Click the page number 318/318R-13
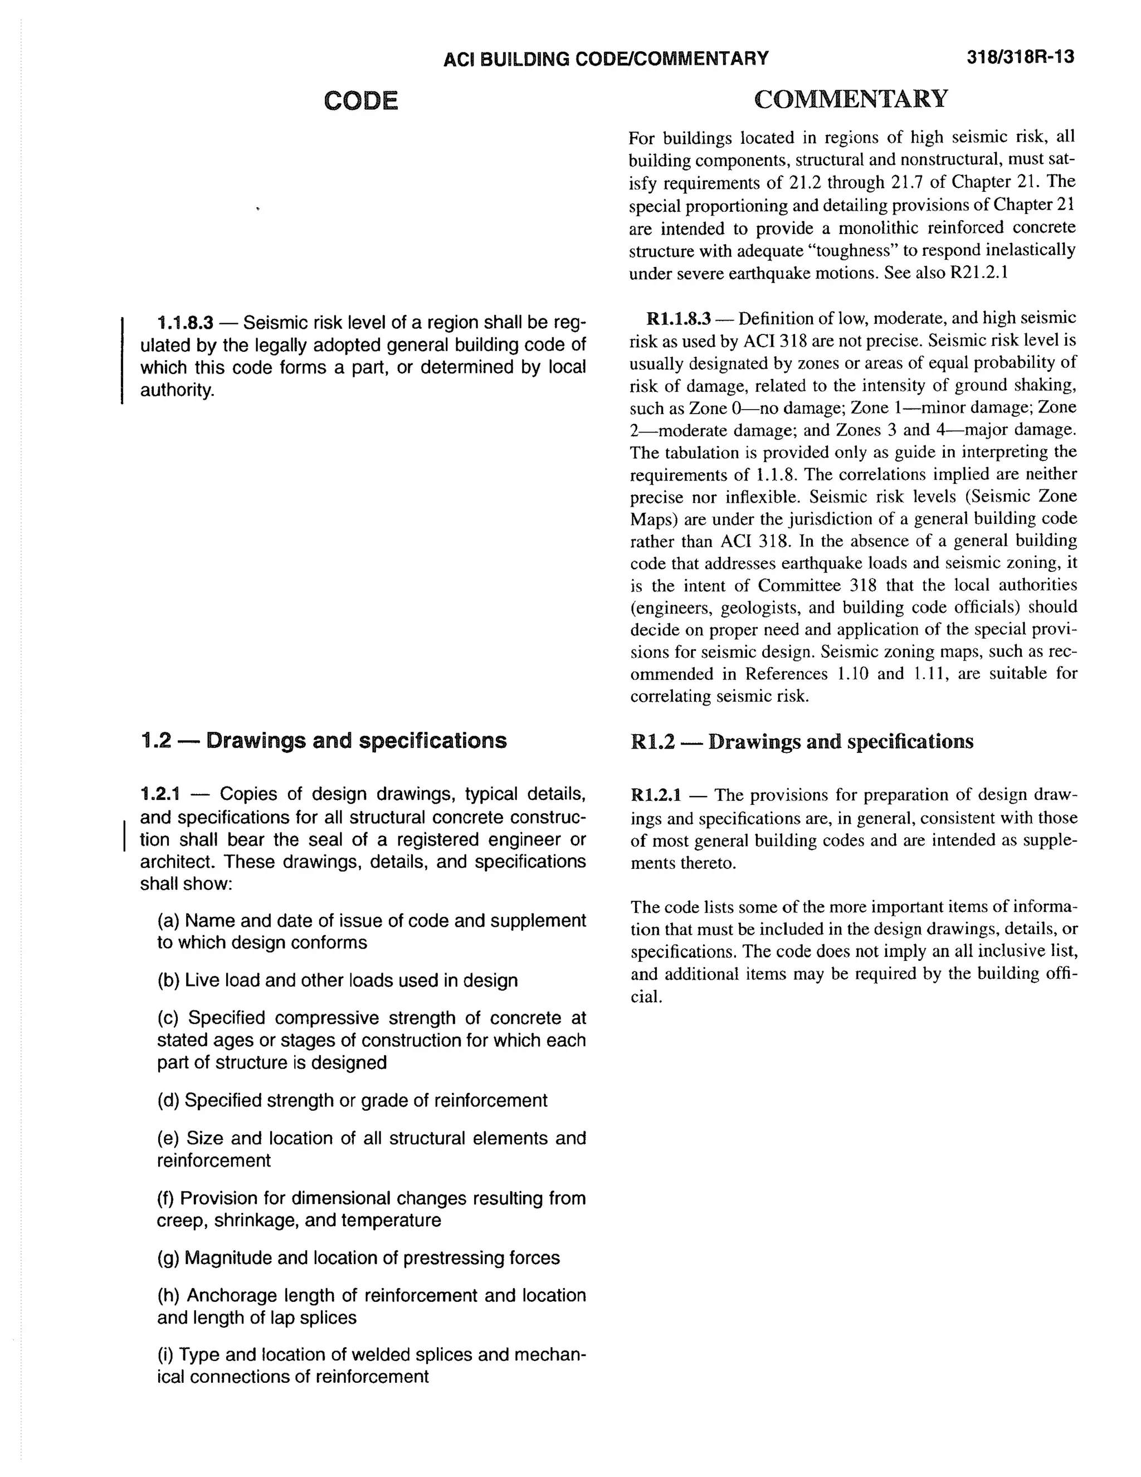[1020, 57]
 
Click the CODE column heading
[361, 101]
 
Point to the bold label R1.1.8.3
[678, 318]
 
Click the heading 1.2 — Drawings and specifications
[323, 741]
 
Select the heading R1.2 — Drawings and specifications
[802, 742]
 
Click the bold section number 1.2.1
[159, 794]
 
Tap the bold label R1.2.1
[656, 795]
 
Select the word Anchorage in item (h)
[230, 1296]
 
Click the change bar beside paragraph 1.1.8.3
[121, 360]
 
